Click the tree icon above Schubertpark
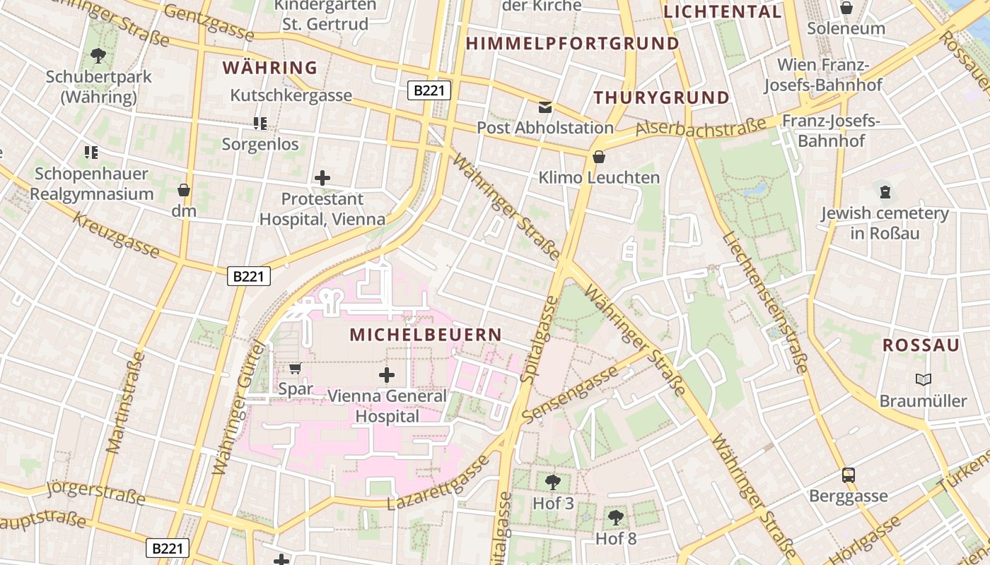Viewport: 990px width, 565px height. (x=98, y=54)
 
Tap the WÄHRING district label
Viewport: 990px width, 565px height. (x=270, y=68)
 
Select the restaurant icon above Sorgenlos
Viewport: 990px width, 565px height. (x=260, y=124)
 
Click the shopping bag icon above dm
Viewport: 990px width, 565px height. (x=184, y=190)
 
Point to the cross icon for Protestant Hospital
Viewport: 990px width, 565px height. (x=322, y=178)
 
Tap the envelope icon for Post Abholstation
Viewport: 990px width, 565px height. (x=545, y=107)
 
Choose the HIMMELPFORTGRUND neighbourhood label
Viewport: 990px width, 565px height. (x=572, y=44)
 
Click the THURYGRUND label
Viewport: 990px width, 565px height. (x=661, y=98)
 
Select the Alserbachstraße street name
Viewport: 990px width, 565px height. (x=701, y=127)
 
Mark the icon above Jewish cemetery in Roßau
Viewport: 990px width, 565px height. (x=885, y=191)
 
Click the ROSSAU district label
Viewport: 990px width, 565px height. (x=921, y=345)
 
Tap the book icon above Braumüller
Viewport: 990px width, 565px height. (x=923, y=380)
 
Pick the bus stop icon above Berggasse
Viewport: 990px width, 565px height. (x=849, y=475)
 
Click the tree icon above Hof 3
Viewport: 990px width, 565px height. (x=553, y=482)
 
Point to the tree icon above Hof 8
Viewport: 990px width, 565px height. (x=616, y=517)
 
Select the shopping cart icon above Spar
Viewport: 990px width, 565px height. (x=296, y=368)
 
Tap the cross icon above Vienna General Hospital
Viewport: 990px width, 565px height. (x=387, y=374)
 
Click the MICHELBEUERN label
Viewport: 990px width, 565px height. (x=426, y=335)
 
